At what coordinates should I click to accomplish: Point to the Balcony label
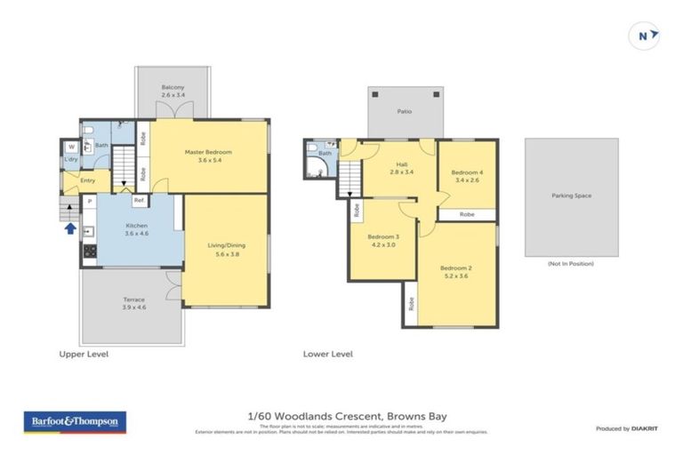point(173,91)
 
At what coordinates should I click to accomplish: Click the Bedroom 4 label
point(467,177)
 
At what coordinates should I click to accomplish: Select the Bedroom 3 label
point(384,241)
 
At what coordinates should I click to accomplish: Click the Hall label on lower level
point(401,170)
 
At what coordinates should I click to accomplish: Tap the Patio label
point(405,111)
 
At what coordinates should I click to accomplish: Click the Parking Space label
point(571,196)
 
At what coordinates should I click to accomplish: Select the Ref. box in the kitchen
point(139,200)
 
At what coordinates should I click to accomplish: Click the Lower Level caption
point(327,354)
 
